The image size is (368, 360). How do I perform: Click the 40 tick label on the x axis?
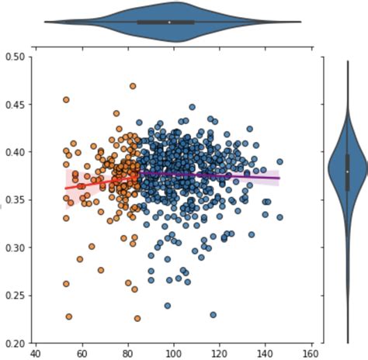pos(36,354)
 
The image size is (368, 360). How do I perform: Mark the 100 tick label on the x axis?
pos(174,354)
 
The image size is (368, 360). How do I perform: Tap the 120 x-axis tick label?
pos(220,354)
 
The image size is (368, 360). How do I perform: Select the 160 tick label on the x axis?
pos(313,354)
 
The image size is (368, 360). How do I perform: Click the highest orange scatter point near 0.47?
pos(133,86)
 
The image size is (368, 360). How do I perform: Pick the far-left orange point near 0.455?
pos(66,100)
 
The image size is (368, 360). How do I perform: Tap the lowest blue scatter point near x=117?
pos(213,315)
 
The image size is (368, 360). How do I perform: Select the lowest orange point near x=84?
pos(137,318)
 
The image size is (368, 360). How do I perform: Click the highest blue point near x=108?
pos(193,108)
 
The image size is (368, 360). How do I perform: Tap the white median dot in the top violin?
pos(169,22)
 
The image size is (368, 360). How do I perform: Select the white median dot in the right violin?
pos(347,171)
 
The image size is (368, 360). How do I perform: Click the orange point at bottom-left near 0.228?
pos(69,317)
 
